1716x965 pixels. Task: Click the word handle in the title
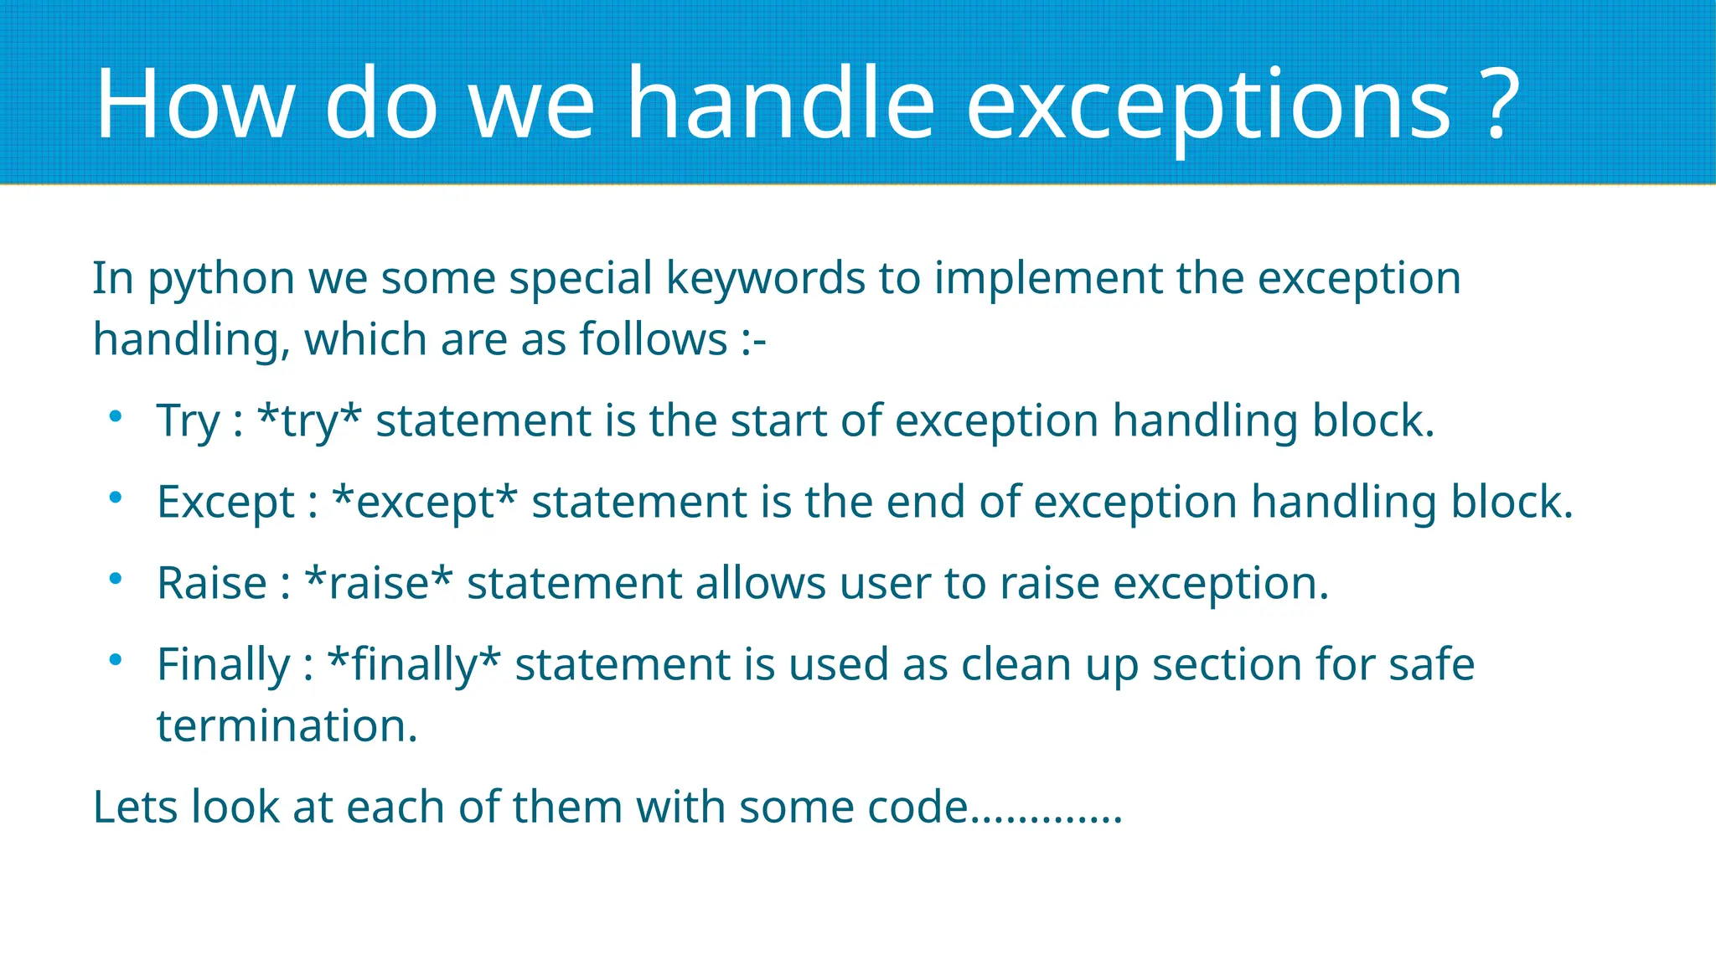pyautogui.click(x=781, y=104)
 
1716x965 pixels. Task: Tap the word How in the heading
pyautogui.click(x=194, y=104)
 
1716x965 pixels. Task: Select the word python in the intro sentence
pyautogui.click(x=220, y=280)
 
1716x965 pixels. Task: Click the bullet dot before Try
pyautogui.click(x=116, y=416)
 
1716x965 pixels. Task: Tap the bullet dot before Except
pyautogui.click(x=116, y=498)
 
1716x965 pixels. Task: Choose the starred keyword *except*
pyautogui.click(x=425, y=503)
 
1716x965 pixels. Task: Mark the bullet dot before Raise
pyautogui.click(x=116, y=579)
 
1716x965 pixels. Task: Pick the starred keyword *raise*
pyautogui.click(x=379, y=583)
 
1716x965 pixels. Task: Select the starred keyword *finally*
pyautogui.click(x=414, y=665)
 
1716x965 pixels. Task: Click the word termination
pyautogui.click(x=287, y=725)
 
